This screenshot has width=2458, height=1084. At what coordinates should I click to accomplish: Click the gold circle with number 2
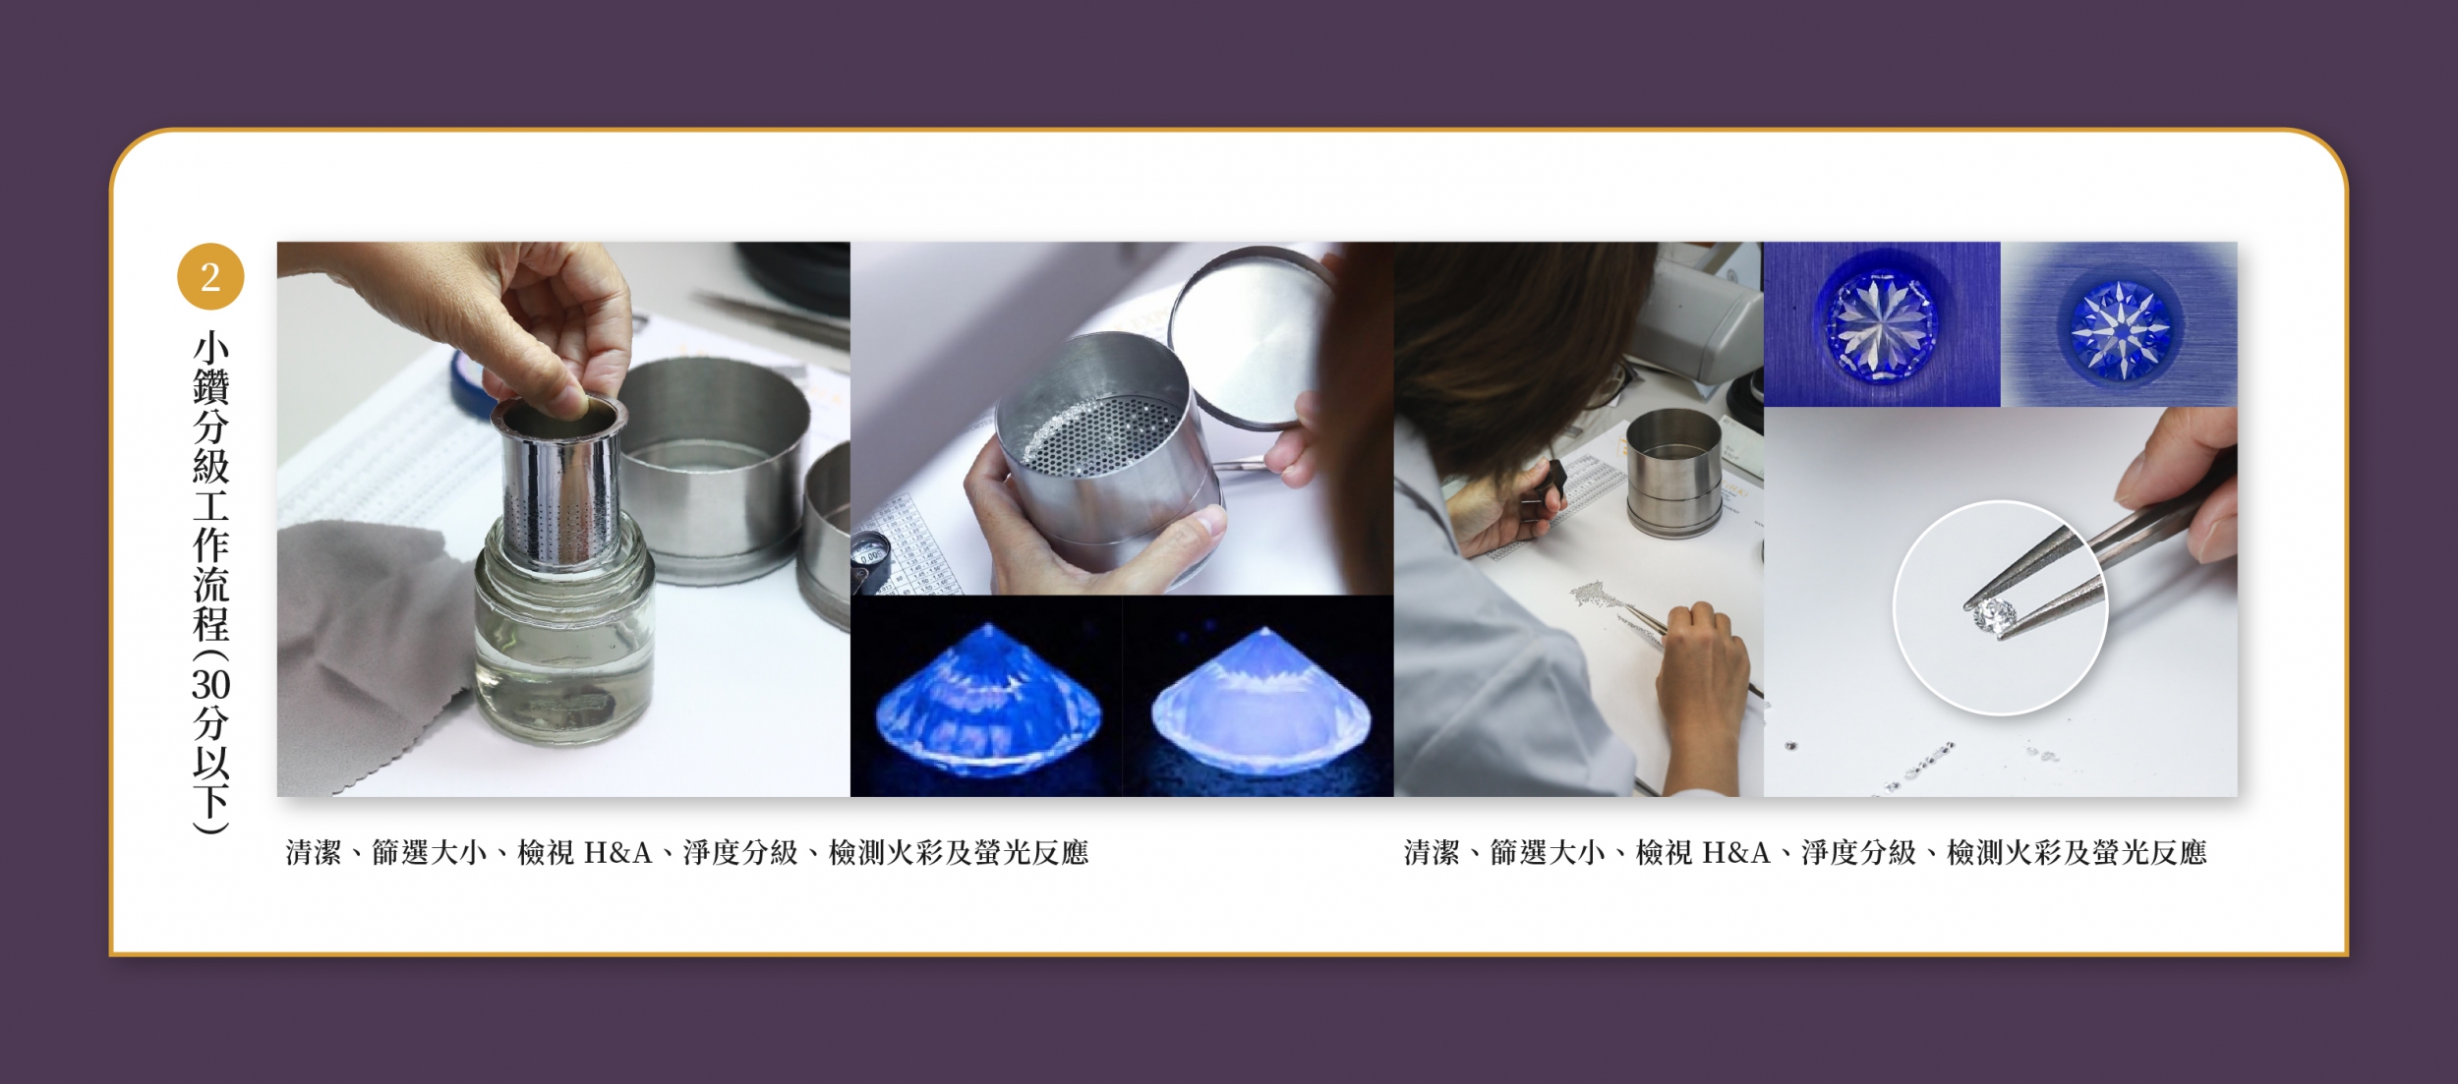pos(210,277)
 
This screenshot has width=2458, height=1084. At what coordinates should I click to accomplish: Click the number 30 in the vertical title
pos(210,684)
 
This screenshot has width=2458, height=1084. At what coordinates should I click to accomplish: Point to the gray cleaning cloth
pos(374,649)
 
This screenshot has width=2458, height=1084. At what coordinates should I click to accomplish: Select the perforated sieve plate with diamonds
pos(1091,432)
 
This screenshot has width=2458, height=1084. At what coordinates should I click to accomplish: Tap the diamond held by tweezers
pos(1993,616)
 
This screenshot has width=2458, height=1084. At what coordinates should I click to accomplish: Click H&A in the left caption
pos(618,852)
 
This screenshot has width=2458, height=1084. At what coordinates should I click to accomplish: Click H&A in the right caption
pos(1736,852)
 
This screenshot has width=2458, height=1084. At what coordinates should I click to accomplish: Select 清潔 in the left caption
pos(314,852)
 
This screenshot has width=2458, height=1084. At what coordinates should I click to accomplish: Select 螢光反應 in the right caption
pos(2149,852)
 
